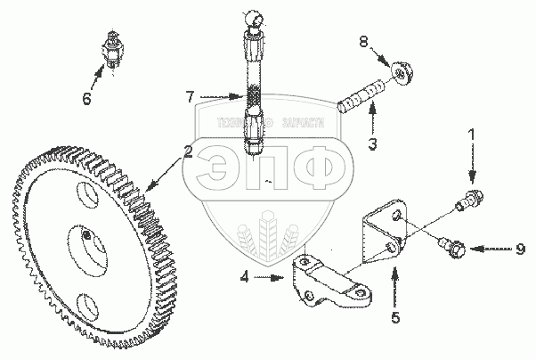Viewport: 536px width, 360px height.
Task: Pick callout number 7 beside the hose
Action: point(189,95)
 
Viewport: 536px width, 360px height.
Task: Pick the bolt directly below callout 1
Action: point(467,200)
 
